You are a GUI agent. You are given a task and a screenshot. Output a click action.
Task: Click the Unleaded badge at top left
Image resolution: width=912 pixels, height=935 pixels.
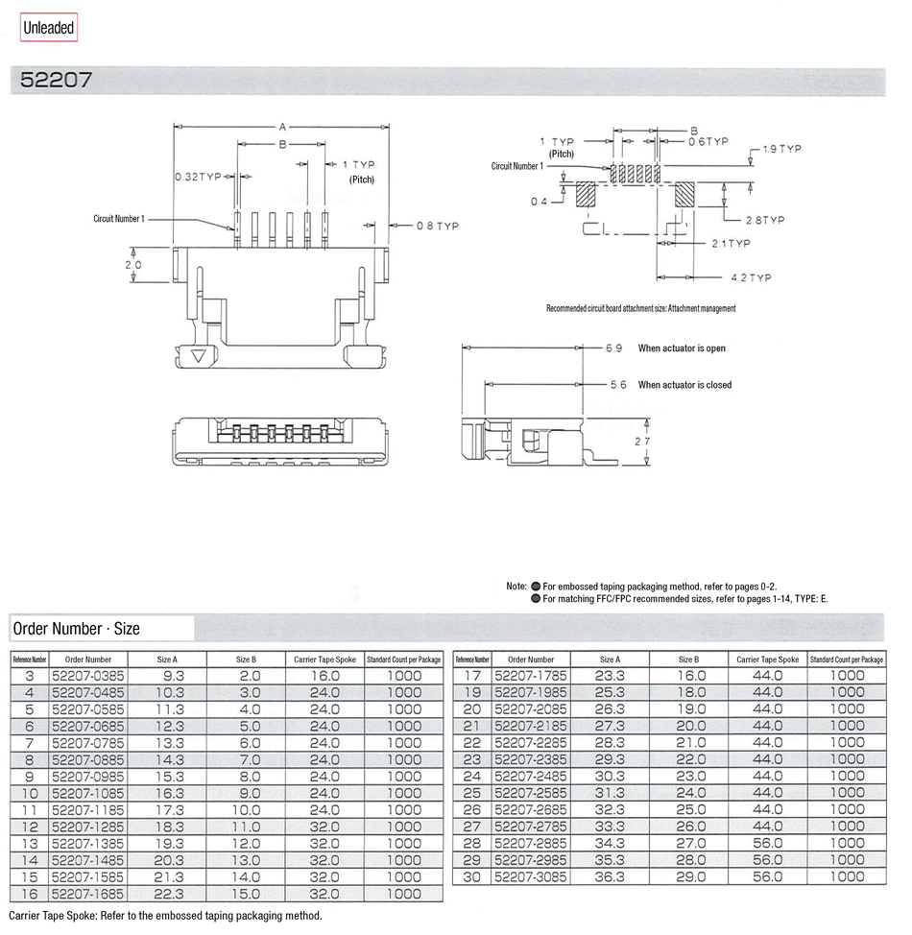pos(49,28)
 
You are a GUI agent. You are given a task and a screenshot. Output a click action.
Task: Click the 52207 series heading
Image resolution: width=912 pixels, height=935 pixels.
pos(57,81)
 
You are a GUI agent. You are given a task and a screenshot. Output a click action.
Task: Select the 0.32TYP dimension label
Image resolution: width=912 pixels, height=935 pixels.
pos(199,178)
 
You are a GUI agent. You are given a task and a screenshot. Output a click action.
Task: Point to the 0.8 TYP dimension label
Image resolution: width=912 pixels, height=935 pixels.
pos(437,226)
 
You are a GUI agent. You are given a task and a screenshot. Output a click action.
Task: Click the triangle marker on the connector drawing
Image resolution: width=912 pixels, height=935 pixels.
pos(199,357)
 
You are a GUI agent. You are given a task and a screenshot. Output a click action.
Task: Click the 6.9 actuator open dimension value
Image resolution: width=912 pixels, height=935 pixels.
pos(614,348)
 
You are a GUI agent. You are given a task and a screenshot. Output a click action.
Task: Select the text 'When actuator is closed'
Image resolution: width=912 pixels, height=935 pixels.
pos(684,385)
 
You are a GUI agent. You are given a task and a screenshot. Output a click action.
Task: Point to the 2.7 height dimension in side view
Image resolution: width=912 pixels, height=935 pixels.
pos(639,442)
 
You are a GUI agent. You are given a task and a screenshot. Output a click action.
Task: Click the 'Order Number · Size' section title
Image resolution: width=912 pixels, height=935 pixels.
pos(76,629)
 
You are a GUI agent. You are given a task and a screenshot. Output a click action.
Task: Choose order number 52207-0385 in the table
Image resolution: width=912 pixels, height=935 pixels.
pos(87,676)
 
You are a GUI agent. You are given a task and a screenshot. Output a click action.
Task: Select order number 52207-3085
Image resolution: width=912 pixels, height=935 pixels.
pos(530,876)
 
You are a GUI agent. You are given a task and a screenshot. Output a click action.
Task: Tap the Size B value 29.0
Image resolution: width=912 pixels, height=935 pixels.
pos(688,876)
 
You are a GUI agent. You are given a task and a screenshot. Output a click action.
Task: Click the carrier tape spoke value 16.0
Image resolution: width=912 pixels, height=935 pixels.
pos(324,676)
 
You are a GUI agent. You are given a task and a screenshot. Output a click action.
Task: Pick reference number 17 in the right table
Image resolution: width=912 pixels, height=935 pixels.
pos(471,676)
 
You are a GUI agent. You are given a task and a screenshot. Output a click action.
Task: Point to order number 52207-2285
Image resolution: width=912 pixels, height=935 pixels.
pos(530,743)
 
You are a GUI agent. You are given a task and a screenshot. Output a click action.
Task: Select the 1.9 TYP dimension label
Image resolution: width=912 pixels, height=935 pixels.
pos(781,150)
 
